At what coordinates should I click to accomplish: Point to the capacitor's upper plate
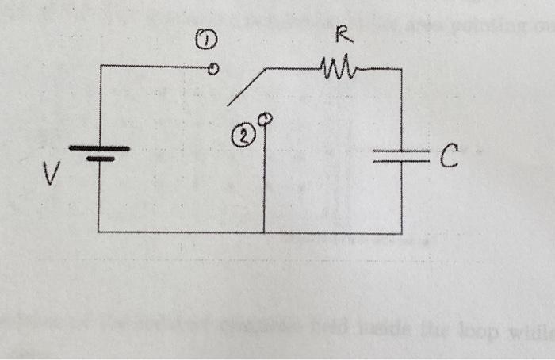tap(401, 151)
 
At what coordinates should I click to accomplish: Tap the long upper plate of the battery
tap(99, 148)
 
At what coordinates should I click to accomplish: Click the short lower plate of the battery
tap(100, 159)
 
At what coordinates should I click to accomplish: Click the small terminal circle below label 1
tap(212, 69)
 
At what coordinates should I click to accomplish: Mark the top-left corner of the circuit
tap(99, 66)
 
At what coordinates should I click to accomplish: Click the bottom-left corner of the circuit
tap(99, 232)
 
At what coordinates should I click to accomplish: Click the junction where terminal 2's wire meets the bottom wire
tap(263, 232)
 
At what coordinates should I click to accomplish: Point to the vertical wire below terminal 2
tap(263, 178)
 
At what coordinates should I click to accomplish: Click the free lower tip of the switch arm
tap(228, 104)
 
